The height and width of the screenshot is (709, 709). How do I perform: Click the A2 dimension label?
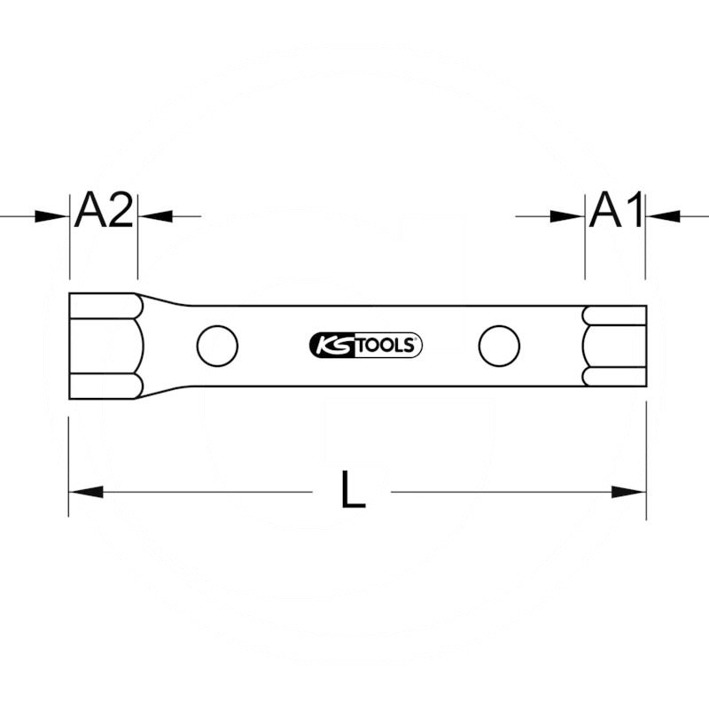[x=104, y=210]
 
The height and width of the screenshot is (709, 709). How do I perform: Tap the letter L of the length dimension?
[x=353, y=489]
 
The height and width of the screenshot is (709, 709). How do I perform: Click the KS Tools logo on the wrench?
[x=365, y=346]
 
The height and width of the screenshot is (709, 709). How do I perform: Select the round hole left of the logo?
[x=217, y=346]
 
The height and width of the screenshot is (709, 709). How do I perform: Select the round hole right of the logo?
[x=499, y=346]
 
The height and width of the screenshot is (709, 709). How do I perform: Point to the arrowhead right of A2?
[x=155, y=216]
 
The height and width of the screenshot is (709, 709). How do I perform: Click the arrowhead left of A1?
[x=567, y=216]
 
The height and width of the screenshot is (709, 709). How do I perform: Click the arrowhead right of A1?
[x=663, y=216]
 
